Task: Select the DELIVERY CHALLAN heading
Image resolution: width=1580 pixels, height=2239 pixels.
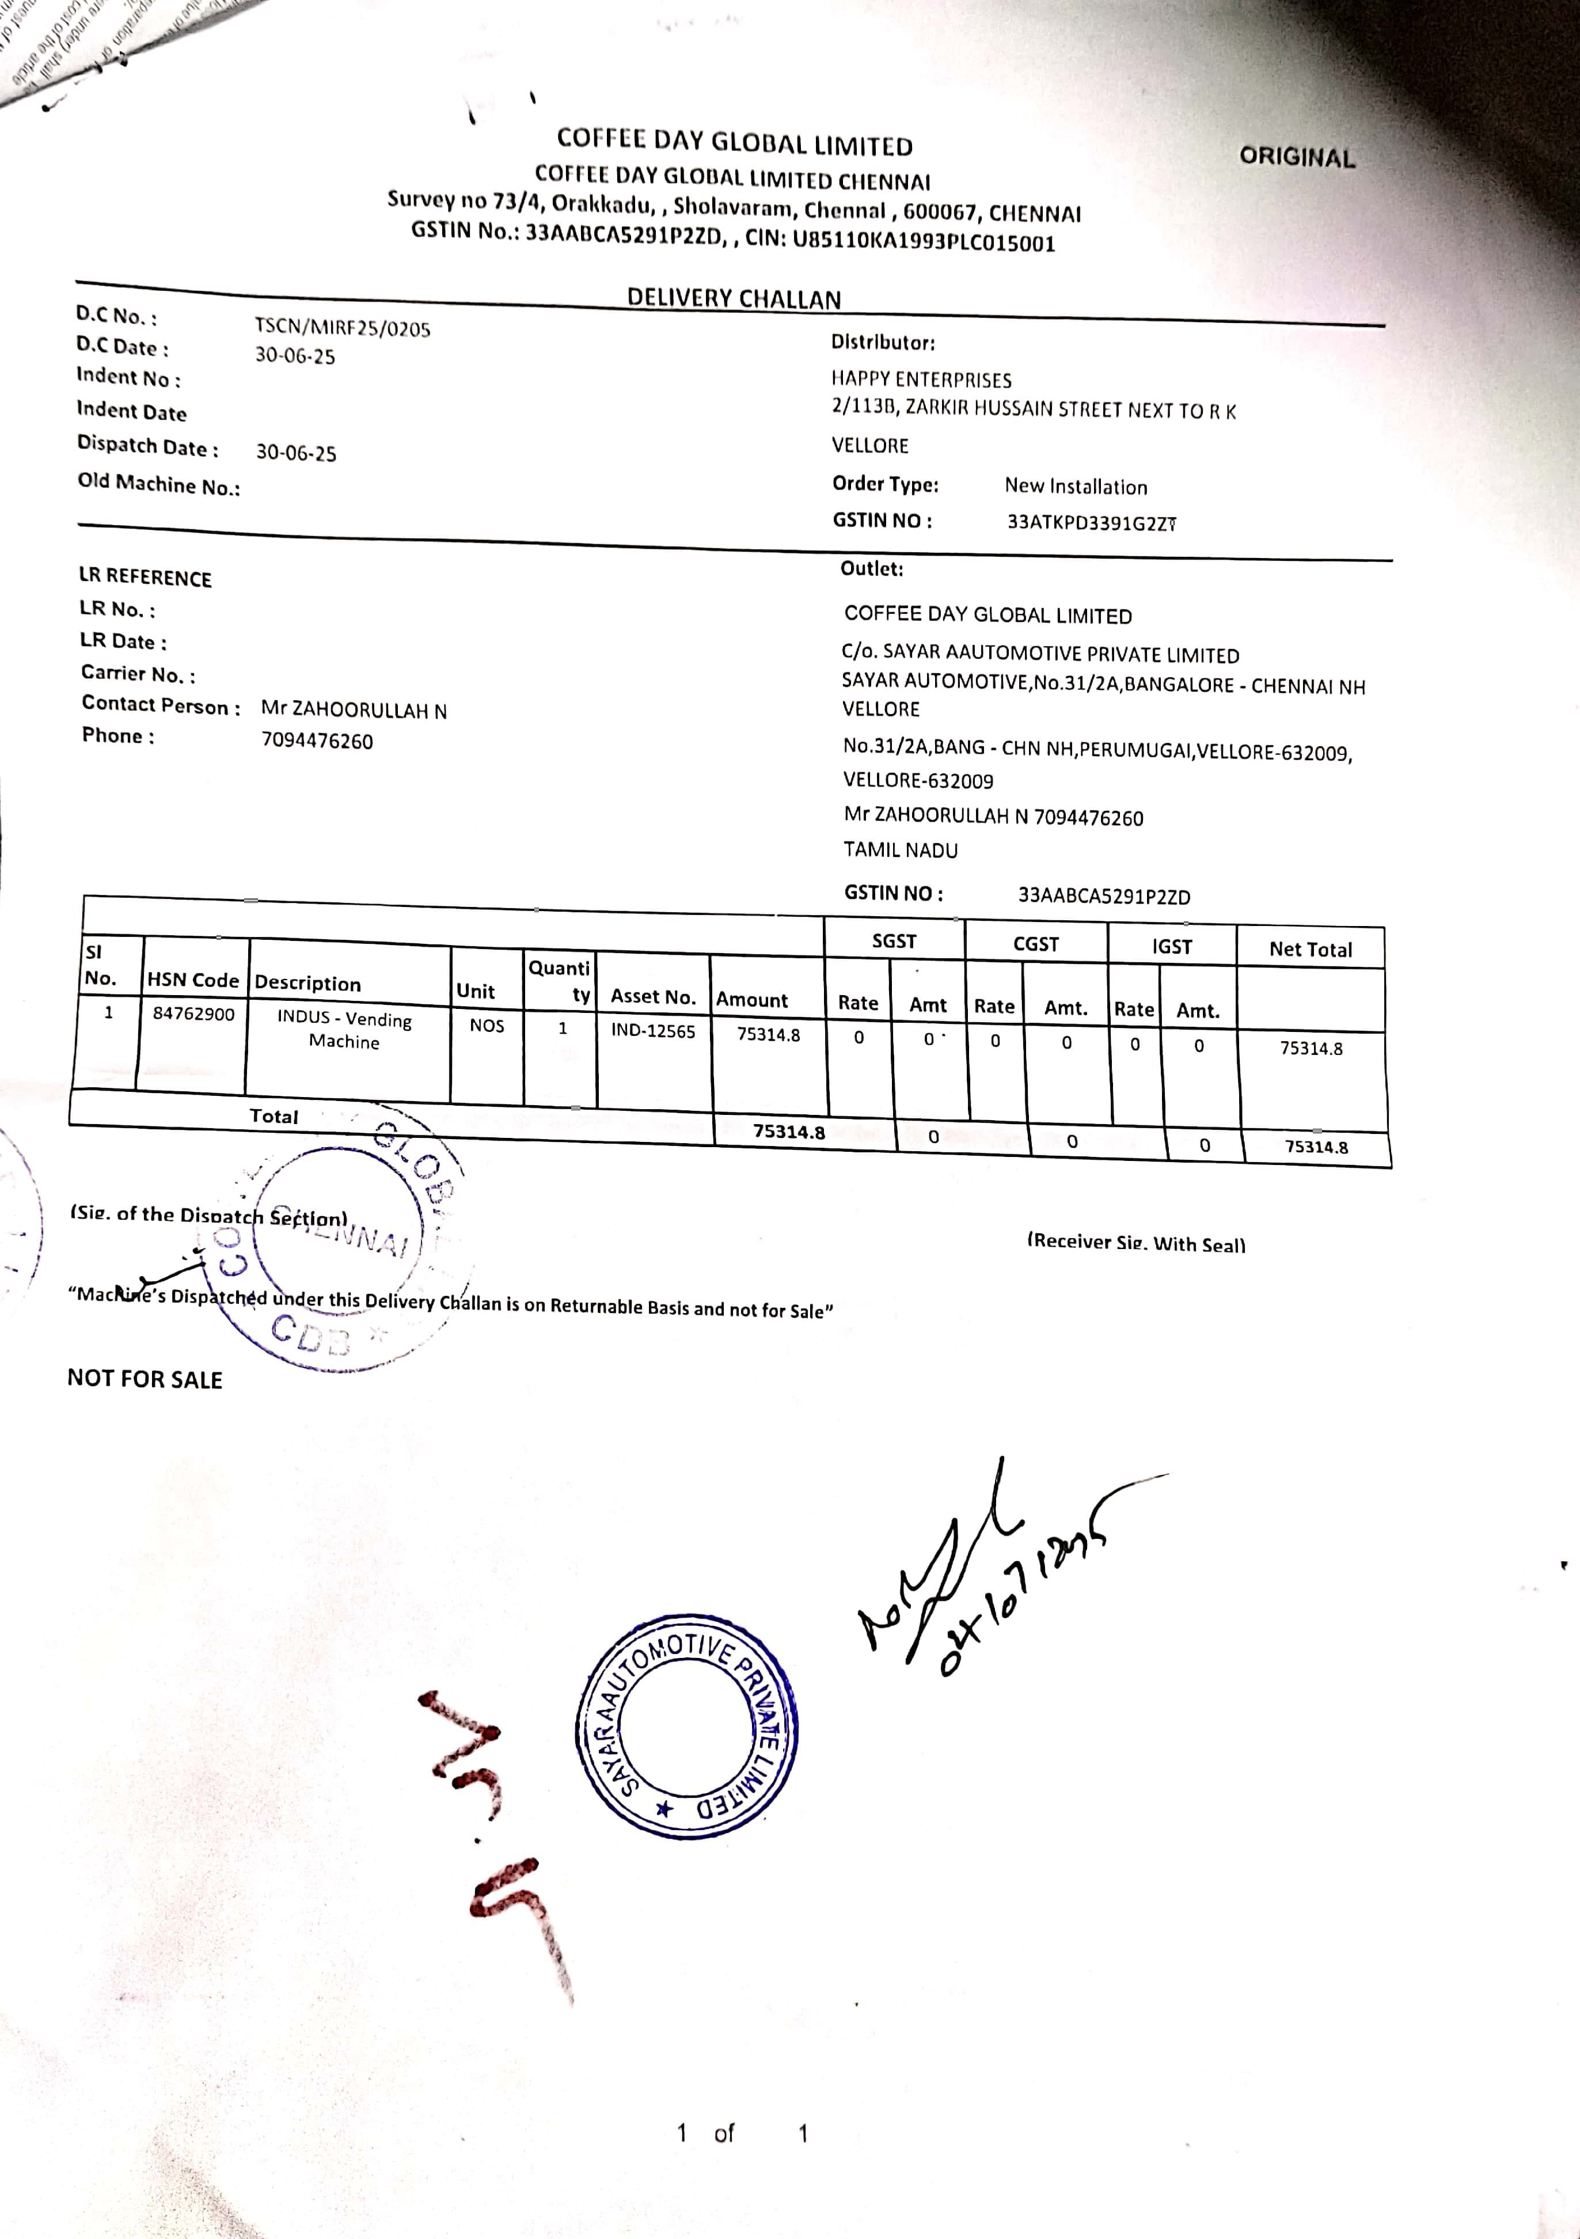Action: [734, 298]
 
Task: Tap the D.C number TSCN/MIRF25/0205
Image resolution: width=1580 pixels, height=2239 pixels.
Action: [343, 328]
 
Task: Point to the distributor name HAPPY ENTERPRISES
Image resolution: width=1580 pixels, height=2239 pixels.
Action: [921, 380]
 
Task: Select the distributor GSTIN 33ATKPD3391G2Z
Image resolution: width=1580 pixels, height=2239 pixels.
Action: [1091, 523]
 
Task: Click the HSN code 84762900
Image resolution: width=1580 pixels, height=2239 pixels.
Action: [193, 1014]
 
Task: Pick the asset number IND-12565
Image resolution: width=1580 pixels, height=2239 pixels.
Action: [652, 1031]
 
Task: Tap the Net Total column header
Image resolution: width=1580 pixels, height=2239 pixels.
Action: [1310, 950]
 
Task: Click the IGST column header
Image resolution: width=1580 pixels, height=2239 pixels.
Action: [1171, 946]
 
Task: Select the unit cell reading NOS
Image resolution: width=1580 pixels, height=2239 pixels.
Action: [487, 1026]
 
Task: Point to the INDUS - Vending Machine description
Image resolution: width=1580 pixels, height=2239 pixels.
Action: [344, 1029]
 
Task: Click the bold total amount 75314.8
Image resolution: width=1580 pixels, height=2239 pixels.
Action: [788, 1132]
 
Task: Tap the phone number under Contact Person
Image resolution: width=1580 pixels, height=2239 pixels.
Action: [317, 741]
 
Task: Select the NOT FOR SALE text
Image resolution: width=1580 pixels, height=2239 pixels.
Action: [145, 1379]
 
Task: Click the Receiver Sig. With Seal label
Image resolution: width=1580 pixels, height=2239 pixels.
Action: [1135, 1242]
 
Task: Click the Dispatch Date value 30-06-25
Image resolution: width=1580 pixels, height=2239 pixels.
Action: [295, 453]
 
